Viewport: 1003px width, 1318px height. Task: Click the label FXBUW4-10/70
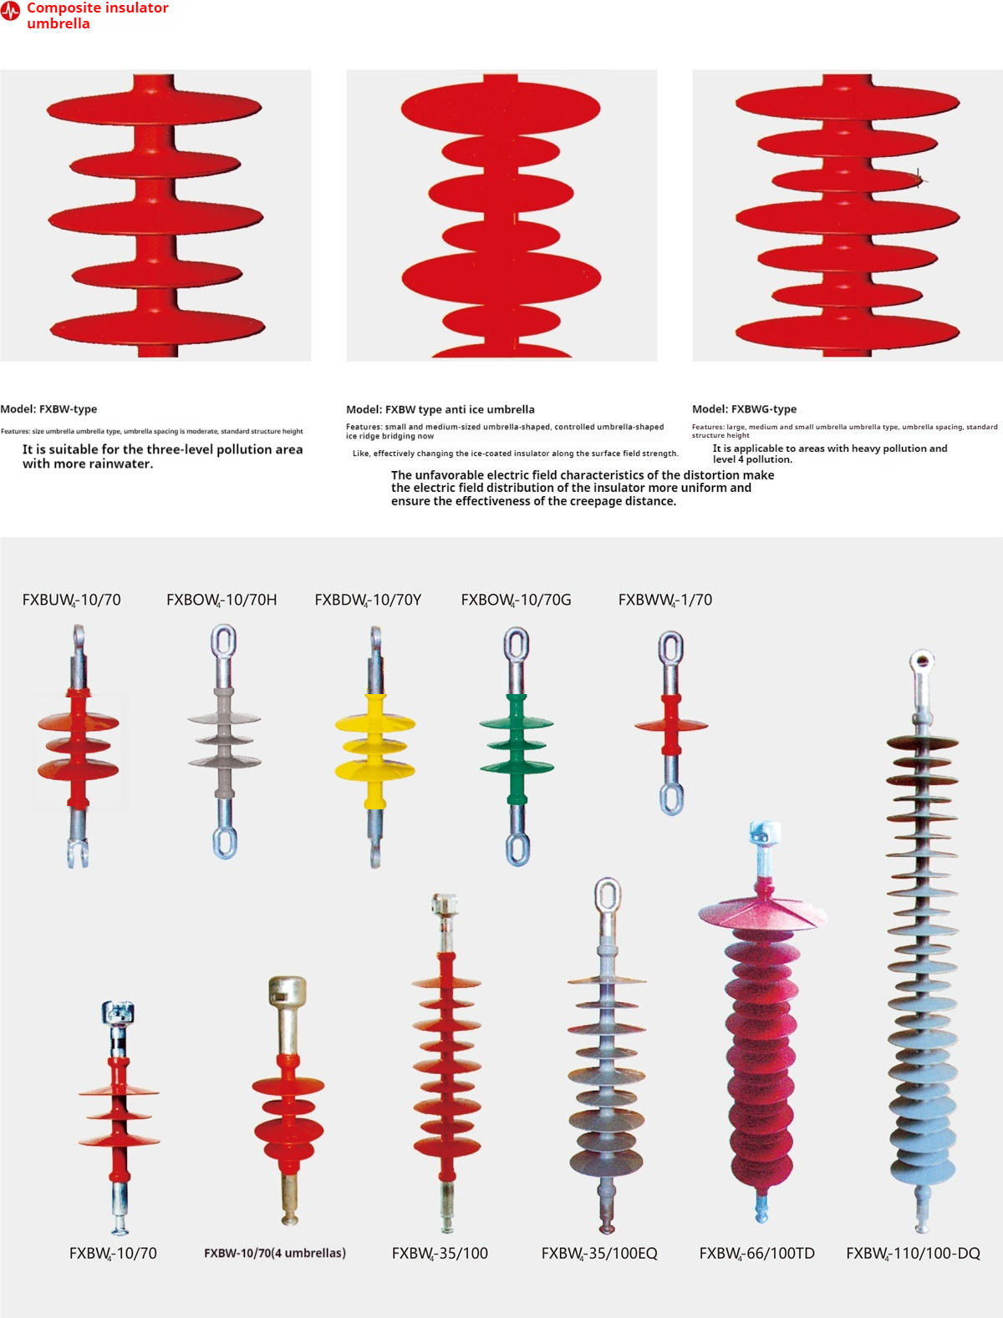[72, 600]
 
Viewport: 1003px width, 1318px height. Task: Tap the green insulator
[517, 743]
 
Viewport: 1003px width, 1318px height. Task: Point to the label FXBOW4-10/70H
[221, 600]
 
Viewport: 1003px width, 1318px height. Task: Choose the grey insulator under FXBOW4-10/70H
[224, 740]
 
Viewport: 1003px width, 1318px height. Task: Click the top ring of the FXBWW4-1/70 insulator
[671, 650]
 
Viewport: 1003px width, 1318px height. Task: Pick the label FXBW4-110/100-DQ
[913, 1254]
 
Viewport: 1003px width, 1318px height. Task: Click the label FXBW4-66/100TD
[756, 1254]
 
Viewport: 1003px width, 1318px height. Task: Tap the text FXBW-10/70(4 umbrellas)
[275, 1253]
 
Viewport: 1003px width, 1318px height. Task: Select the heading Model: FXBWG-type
[744, 409]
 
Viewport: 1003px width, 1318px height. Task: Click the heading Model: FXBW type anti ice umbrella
[440, 409]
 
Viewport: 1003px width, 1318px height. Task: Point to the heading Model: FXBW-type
[48, 409]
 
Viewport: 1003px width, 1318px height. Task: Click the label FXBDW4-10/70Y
[368, 600]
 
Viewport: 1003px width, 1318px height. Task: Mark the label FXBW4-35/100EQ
[599, 1254]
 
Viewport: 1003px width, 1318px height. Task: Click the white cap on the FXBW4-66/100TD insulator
[764, 833]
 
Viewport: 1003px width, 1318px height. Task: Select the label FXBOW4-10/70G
[516, 600]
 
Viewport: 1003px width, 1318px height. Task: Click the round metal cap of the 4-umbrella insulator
[287, 991]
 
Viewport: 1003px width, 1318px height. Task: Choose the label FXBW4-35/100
[440, 1254]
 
